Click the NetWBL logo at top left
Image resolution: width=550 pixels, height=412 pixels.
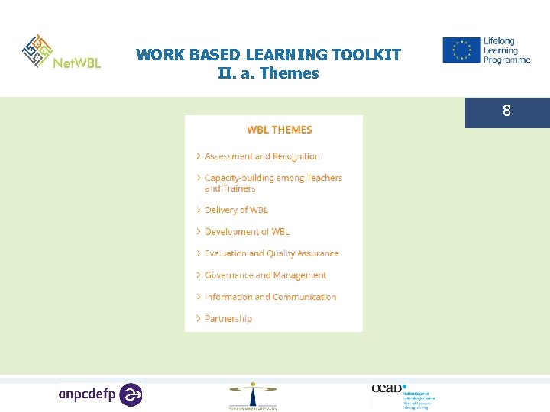click(x=61, y=53)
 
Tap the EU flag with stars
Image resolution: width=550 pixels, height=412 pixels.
click(x=461, y=50)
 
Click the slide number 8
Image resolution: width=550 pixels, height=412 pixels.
click(x=506, y=112)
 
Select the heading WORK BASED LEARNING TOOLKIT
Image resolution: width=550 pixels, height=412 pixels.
click(x=268, y=55)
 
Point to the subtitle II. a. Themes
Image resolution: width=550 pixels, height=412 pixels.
click(x=268, y=74)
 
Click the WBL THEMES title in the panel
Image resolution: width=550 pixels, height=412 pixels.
click(x=279, y=130)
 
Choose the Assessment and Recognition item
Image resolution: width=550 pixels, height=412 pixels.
click(x=262, y=156)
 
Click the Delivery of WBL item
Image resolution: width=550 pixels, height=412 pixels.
click(x=237, y=210)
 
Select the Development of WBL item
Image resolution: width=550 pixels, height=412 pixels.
click(x=247, y=232)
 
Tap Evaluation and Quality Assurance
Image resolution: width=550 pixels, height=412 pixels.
click(x=271, y=253)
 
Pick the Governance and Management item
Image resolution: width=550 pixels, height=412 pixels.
click(x=265, y=275)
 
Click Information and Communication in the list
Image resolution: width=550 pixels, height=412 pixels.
click(x=270, y=297)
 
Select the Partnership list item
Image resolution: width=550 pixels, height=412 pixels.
click(x=228, y=319)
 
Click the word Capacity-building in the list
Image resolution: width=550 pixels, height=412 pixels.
click(x=234, y=178)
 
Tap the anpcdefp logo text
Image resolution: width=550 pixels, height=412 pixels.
click(x=89, y=394)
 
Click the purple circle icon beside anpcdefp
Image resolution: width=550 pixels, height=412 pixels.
click(x=131, y=394)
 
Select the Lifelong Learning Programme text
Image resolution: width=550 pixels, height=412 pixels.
click(x=506, y=50)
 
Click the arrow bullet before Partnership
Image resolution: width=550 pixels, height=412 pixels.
click(x=199, y=319)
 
